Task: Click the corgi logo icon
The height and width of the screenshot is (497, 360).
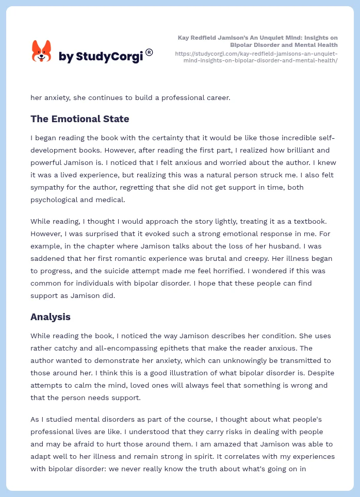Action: point(42,52)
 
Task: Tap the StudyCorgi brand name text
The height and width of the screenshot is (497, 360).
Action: point(101,56)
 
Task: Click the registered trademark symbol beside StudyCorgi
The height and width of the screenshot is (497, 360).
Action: point(149,52)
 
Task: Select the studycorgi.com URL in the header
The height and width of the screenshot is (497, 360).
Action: point(256,57)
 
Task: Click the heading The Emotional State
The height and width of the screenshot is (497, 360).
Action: point(79,119)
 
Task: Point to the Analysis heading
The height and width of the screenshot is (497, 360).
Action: point(51,317)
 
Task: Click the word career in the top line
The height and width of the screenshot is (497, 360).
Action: point(216,97)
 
